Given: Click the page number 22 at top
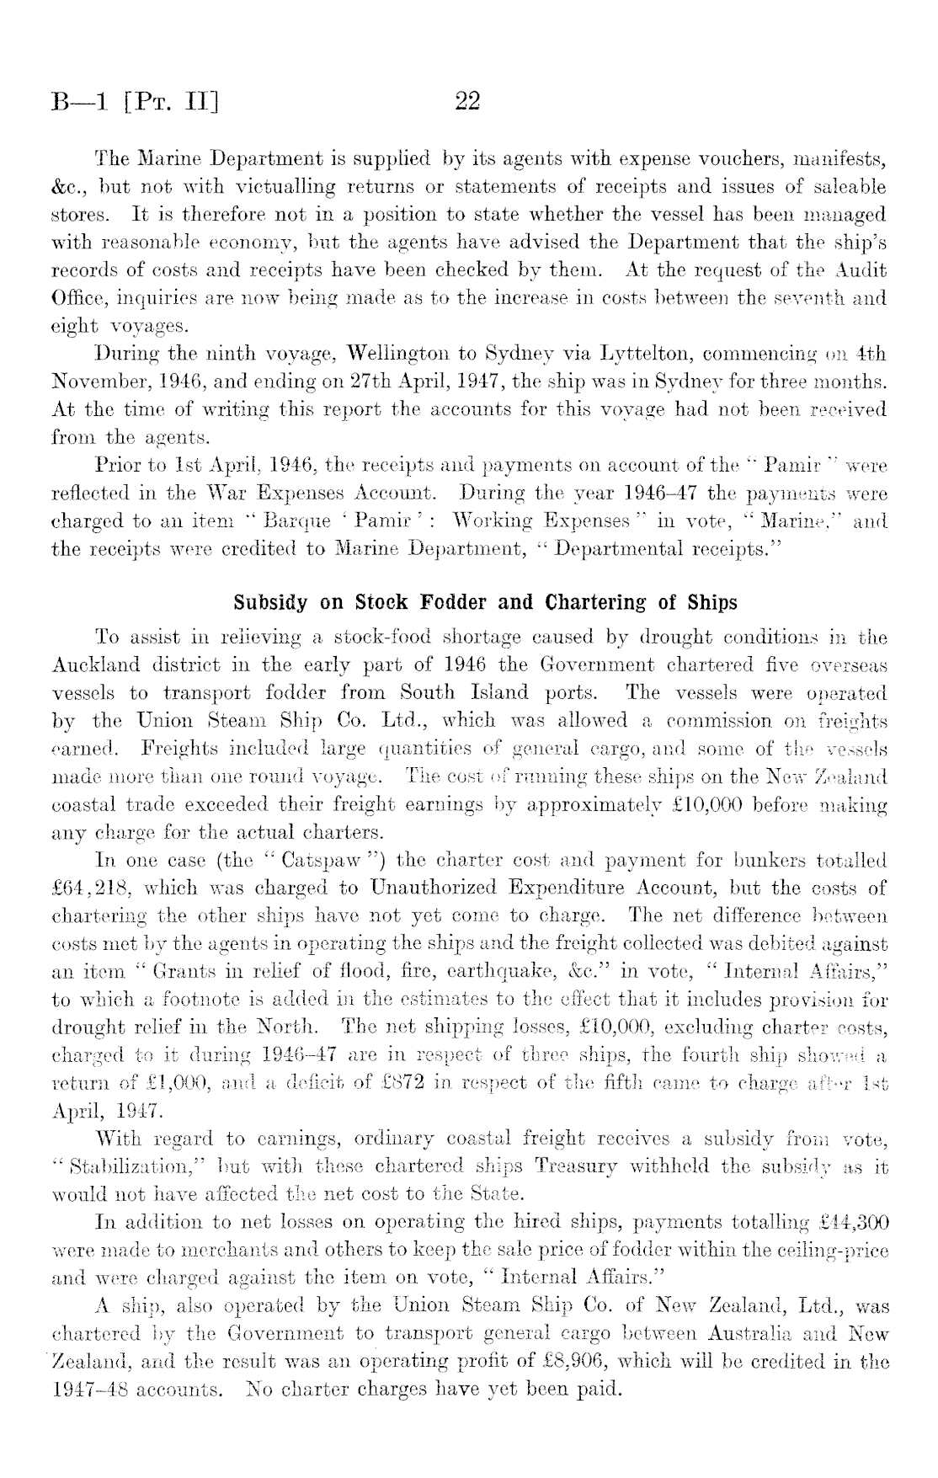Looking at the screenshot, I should coord(466,102).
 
